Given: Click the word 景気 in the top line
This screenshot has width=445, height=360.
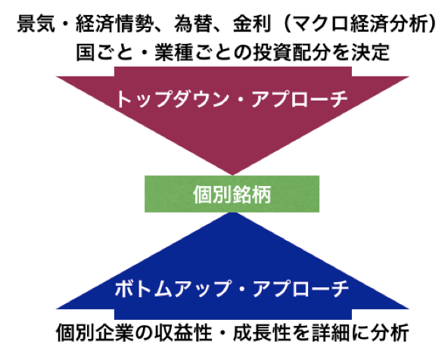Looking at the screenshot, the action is pyautogui.click(x=36, y=24).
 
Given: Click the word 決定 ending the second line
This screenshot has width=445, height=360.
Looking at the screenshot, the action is pyautogui.click(x=370, y=52).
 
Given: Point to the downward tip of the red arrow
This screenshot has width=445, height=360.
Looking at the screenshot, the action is pyautogui.click(x=232, y=175).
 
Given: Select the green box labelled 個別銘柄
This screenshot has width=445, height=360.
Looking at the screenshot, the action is pyautogui.click(x=232, y=194).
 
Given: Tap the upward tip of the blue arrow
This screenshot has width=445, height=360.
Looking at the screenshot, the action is pyautogui.click(x=232, y=213).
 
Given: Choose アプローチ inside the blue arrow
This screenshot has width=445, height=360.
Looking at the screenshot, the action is pyautogui.click(x=300, y=288).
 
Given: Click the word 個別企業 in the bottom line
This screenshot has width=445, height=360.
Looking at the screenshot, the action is pyautogui.click(x=94, y=333).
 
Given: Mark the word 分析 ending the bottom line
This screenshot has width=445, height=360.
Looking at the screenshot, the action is pyautogui.click(x=390, y=333).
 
